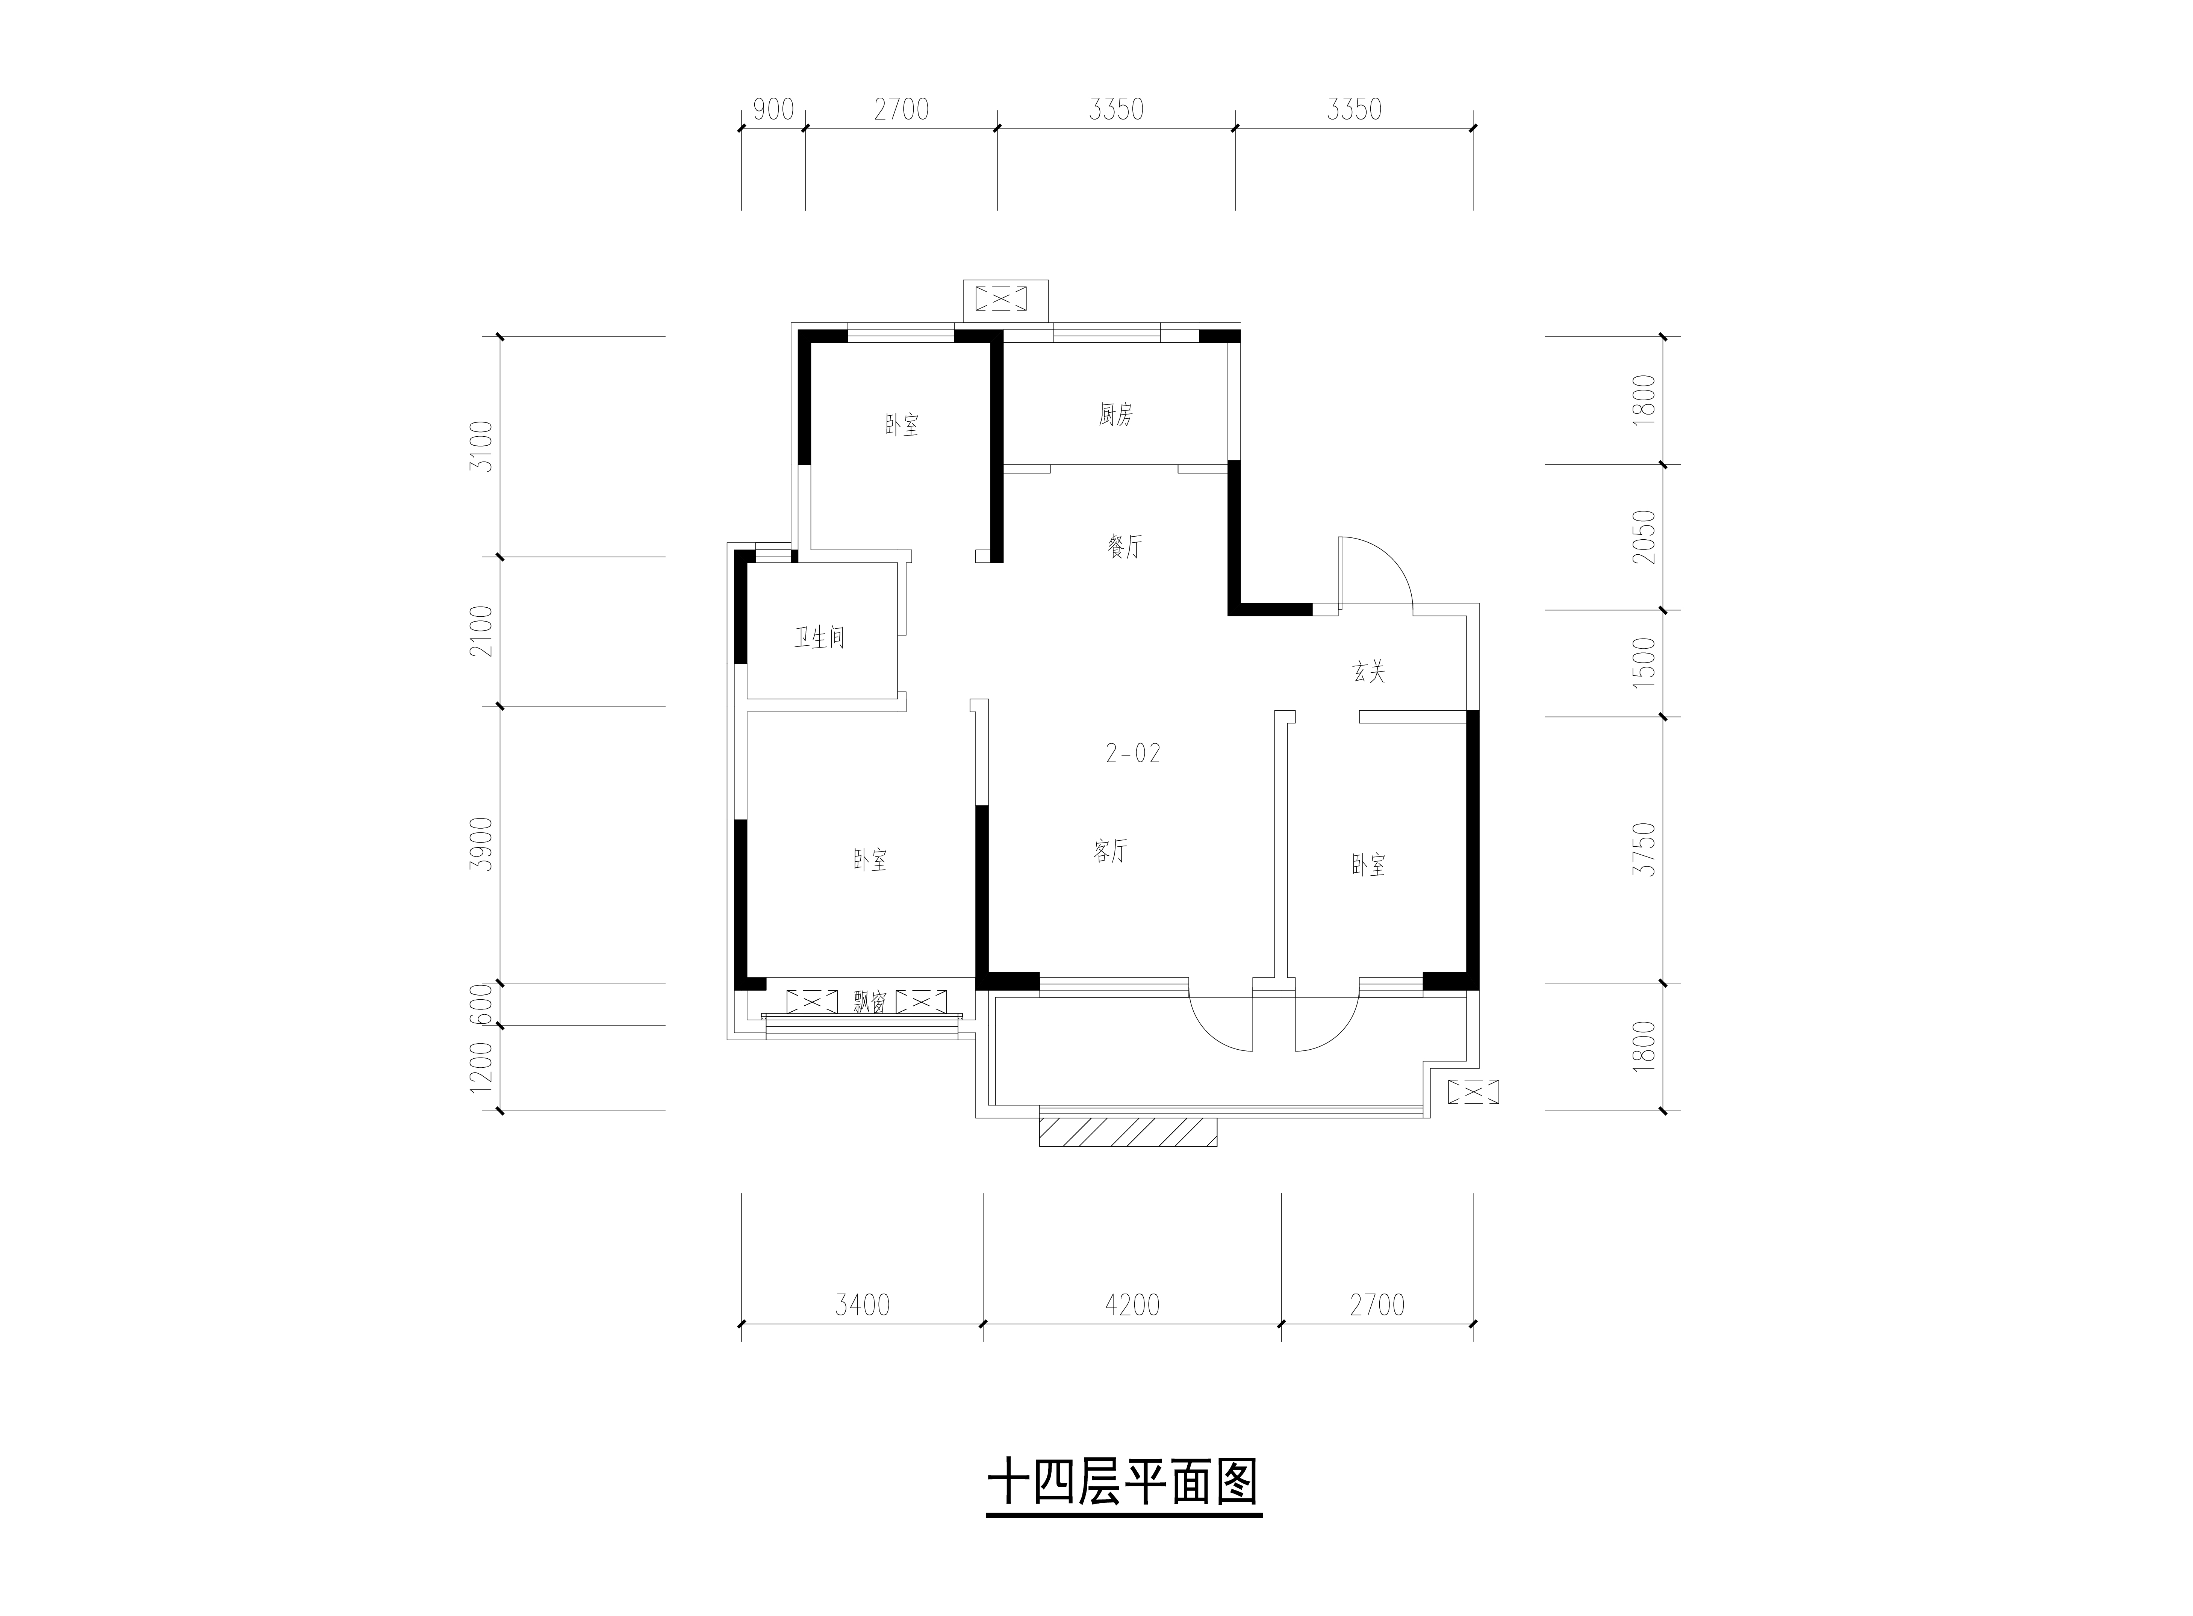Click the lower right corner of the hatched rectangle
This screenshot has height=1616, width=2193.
pyautogui.click(x=1217, y=1145)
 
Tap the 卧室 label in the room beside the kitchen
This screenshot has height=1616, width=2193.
pyautogui.click(x=902, y=425)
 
